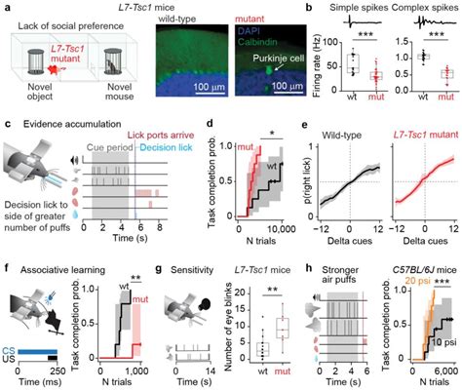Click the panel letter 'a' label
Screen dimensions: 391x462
[7, 7]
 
